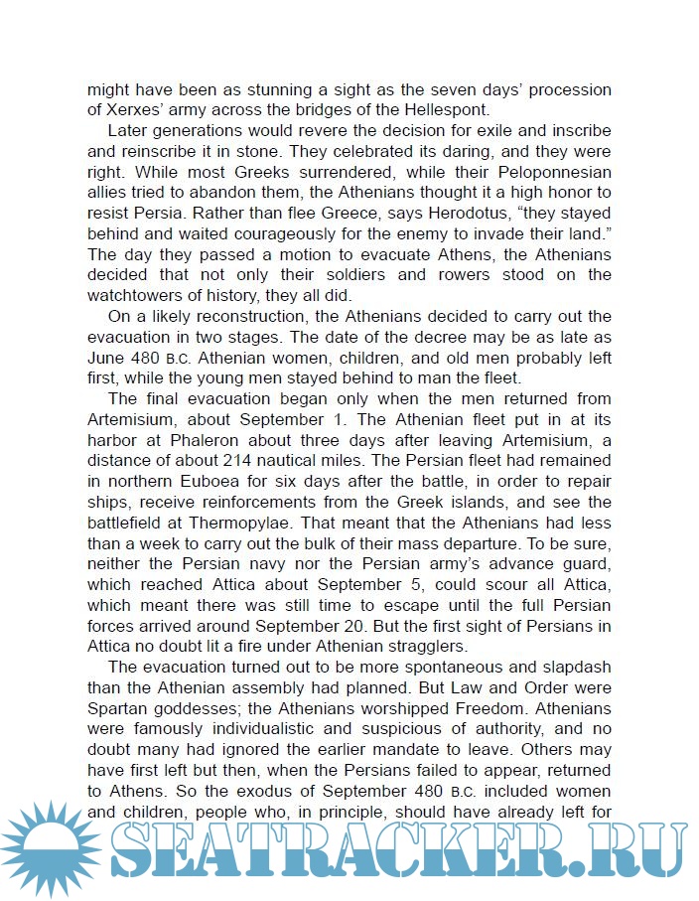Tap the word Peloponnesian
553,172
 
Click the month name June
105,358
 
